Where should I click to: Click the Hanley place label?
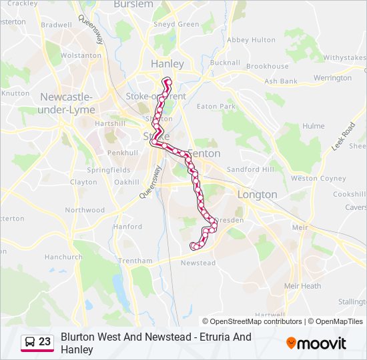(167, 64)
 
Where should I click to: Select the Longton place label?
(257, 195)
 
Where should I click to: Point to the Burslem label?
(133, 4)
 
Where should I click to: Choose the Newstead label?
(198, 263)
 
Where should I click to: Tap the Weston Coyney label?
(318, 178)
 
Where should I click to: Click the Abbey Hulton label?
(251, 40)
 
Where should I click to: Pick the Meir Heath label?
(302, 286)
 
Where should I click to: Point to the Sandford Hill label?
(250, 169)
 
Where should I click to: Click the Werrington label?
(332, 78)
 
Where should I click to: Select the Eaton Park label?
(216, 106)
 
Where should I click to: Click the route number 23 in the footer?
(45, 341)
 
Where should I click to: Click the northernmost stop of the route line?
(167, 81)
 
